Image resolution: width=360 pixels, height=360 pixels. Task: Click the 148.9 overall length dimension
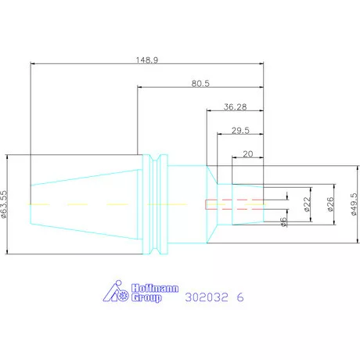(x=147, y=60)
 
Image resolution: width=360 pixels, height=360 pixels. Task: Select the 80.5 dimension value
(x=200, y=84)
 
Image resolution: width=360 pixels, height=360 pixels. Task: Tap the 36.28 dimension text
(x=235, y=107)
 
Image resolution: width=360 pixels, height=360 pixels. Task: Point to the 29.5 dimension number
(x=240, y=131)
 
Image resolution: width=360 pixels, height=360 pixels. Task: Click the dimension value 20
(x=248, y=154)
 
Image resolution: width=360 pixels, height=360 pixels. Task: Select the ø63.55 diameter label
(x=4, y=204)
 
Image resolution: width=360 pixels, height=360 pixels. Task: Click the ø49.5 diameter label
(x=354, y=204)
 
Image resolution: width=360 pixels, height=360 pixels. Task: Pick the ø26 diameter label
(x=330, y=204)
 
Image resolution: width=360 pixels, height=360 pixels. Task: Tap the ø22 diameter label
(x=308, y=204)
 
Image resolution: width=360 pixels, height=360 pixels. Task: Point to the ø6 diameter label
(x=283, y=222)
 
